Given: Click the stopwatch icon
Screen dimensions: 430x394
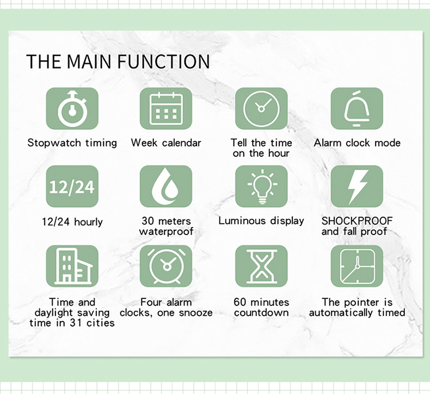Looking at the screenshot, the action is pos(72,108).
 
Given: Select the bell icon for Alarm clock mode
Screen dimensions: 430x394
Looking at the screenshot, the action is pos(357,108).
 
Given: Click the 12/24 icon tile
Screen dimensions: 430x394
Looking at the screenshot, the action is pos(72,187).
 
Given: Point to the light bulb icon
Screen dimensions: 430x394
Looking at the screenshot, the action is pos(261,187).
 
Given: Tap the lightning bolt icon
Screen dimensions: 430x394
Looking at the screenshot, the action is pos(357,187).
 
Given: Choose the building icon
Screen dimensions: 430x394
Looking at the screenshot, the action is pos(72,266).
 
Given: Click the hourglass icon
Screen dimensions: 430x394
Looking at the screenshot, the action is pos(261,266).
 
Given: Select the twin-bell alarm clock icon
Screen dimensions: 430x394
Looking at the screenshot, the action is pos(166,266).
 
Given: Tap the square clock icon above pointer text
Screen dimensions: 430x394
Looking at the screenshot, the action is pos(357,266).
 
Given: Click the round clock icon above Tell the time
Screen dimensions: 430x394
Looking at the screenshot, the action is pos(261,108).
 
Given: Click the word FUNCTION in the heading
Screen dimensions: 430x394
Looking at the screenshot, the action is pos(164,61).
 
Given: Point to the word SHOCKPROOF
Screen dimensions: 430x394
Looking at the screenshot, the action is pos(357,221).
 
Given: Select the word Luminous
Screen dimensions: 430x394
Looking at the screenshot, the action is pos(242,221).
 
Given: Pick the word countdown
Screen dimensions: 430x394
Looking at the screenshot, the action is pos(261,313).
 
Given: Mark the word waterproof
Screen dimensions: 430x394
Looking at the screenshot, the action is pos(166,231).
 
